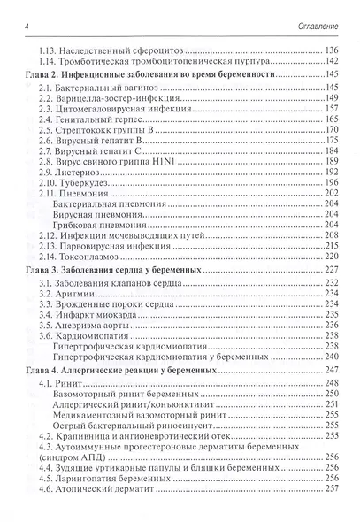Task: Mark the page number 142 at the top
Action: pyautogui.click(x=333, y=61)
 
